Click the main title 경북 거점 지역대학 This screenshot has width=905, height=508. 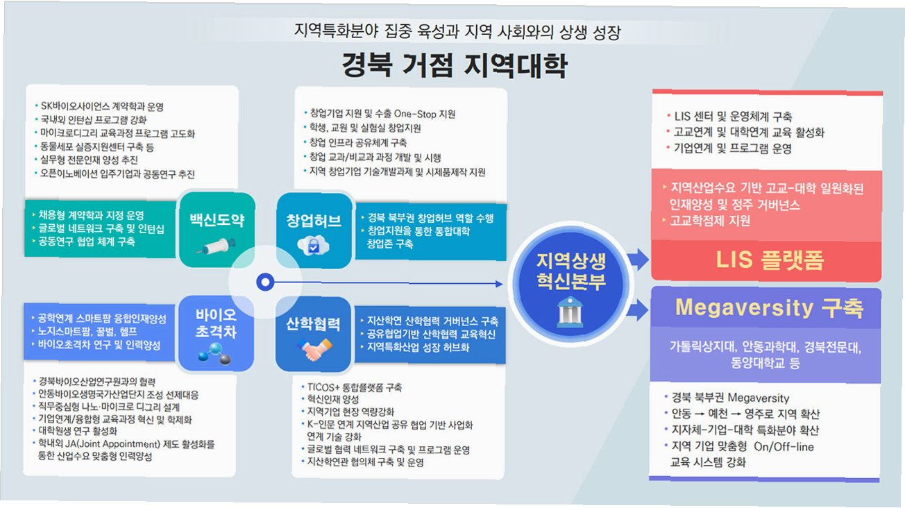pos(454,65)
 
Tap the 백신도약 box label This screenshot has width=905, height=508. pos(217,221)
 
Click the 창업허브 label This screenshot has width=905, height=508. pos(314,221)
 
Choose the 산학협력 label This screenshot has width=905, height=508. pos(314,324)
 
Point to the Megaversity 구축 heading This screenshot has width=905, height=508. pos(768,307)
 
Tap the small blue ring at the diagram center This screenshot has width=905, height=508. pos(264,282)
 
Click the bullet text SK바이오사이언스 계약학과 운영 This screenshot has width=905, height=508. pos(102,106)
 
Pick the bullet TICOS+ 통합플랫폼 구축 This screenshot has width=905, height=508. pos(355,387)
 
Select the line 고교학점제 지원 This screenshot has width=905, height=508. pos(710,221)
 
